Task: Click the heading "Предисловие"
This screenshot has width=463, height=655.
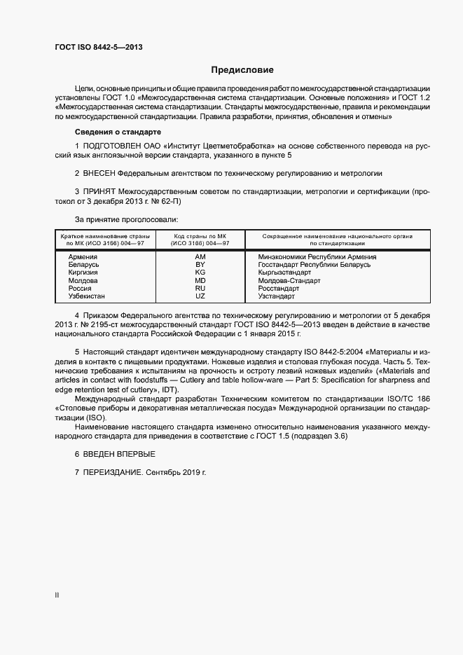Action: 242,70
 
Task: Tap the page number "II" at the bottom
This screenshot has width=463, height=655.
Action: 57,595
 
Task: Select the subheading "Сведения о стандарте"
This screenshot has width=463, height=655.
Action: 118,132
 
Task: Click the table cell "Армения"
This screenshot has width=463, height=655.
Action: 83,257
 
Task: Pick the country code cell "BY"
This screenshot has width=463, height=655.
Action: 200,265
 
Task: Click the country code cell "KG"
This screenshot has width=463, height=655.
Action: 200,273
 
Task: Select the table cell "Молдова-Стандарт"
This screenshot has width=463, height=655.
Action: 289,280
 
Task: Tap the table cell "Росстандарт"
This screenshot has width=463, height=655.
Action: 279,288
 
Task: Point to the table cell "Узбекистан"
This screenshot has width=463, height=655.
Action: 87,296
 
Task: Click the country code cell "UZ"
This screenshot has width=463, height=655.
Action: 200,296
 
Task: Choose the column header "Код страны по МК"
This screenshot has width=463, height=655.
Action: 200,236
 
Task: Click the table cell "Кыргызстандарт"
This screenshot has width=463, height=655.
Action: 284,273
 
